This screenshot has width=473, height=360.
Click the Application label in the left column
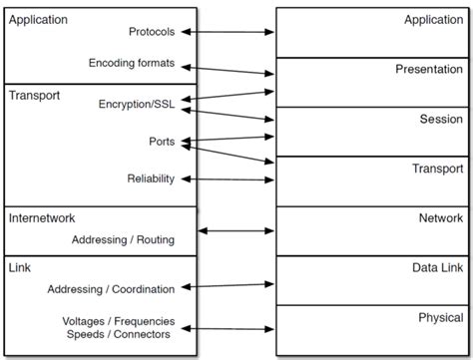38,19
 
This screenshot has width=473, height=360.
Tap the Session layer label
439,119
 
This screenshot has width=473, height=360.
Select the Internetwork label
42,217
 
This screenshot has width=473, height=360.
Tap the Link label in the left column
20,266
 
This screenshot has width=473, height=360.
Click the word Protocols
152,32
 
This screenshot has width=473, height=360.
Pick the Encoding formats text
131,63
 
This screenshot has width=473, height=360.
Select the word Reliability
150,179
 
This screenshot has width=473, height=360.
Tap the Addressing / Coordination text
111,289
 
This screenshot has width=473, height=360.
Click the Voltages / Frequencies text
118,321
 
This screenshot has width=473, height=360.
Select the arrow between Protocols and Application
229,32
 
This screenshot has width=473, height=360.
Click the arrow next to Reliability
229,179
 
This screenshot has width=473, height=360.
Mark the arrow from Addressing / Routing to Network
236,230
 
